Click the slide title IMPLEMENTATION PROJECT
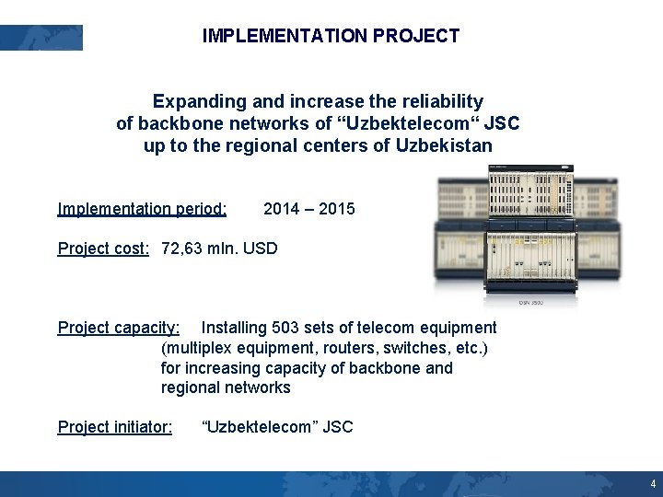click(x=331, y=36)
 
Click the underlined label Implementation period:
click(x=142, y=209)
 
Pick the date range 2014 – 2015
click(x=308, y=209)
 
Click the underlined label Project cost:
click(x=103, y=248)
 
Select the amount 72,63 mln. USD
click(x=219, y=248)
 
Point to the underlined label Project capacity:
click(x=119, y=328)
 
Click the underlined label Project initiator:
click(x=114, y=427)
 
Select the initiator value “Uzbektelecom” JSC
click(x=277, y=427)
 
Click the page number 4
click(x=653, y=483)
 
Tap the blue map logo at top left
click(x=41, y=38)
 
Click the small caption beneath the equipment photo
click(x=530, y=302)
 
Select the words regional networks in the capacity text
click(x=226, y=387)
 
